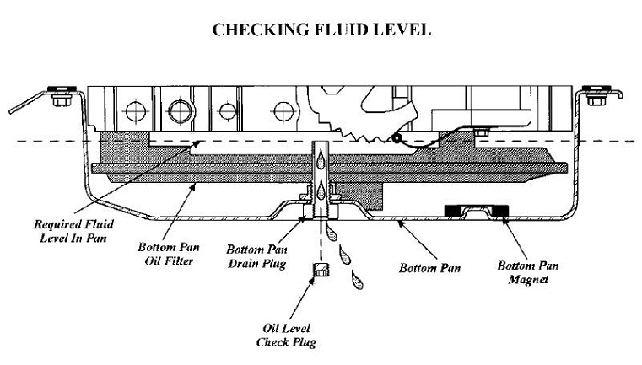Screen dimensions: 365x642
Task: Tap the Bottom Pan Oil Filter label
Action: pyautogui.click(x=165, y=255)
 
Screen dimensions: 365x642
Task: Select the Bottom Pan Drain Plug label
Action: pyautogui.click(x=257, y=258)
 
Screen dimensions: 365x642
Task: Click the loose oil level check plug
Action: pyautogui.click(x=320, y=272)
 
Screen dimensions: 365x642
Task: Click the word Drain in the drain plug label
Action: pyautogui.click(x=245, y=265)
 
